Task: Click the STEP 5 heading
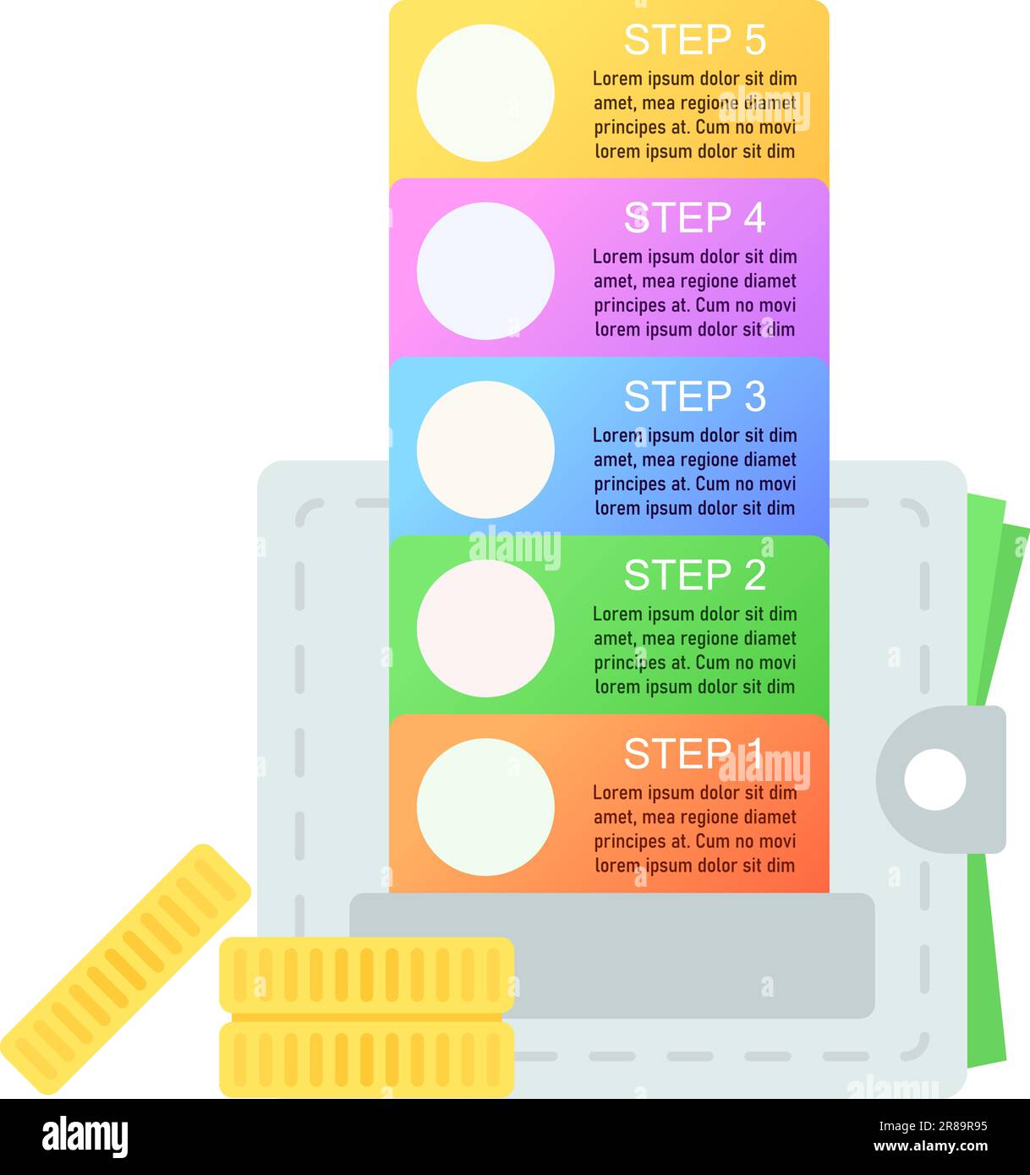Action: [694, 40]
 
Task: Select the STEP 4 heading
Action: [694, 218]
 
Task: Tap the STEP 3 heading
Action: [694, 396]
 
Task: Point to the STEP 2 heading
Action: [694, 575]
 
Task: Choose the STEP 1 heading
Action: [693, 753]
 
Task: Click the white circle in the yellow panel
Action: [485, 93]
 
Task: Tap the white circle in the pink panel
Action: [485, 271]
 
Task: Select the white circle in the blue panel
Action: [485, 450]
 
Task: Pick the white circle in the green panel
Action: [485, 628]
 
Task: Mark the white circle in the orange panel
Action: [485, 806]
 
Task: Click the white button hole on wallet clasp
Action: [934, 779]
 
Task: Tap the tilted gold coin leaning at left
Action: [125, 969]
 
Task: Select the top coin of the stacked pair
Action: [366, 975]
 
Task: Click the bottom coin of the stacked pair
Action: [366, 1059]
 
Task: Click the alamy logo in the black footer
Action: [85, 1137]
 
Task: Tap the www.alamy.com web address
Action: [930, 1147]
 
